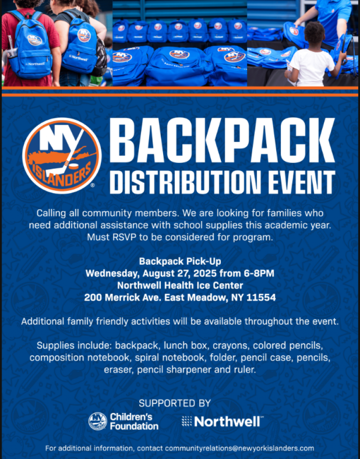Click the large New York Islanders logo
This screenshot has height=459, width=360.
(62, 155)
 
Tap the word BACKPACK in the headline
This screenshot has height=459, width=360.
(222, 141)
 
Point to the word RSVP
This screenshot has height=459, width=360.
(125, 237)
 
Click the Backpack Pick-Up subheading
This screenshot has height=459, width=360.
(180, 261)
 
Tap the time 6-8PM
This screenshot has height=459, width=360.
(259, 273)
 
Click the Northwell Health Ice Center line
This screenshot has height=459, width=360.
(180, 285)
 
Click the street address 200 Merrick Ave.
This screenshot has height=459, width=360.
(123, 297)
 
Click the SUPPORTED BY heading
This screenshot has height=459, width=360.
(174, 403)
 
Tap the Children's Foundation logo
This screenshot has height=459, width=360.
(123, 421)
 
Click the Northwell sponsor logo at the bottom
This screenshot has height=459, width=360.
(223, 422)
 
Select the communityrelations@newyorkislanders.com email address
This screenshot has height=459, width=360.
(240, 448)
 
